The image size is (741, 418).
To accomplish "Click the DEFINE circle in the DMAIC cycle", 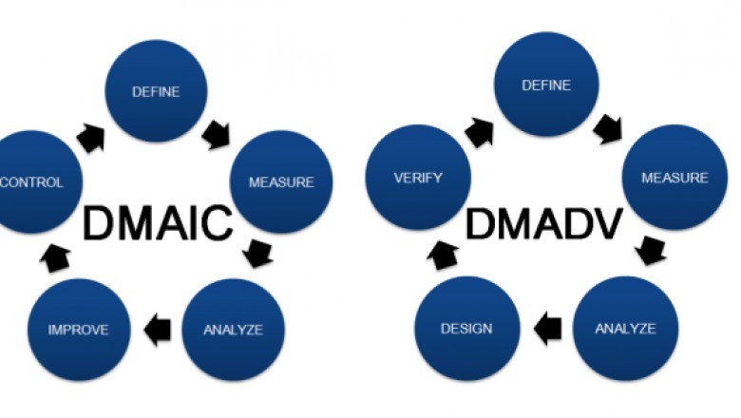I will pos(156,92).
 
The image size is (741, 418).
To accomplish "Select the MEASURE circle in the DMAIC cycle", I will pos(281,181).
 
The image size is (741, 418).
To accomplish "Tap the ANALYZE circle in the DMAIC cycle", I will pos(233,330).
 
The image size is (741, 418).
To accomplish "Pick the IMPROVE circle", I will pos(78,330).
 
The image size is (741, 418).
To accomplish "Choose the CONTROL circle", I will pos(30,181).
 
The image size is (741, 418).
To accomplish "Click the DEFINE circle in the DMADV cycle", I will pos(546,85).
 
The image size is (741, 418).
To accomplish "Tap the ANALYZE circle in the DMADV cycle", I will pos(625,329).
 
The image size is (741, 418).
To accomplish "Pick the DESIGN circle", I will pos(467,329).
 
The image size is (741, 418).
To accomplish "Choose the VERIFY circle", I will pos(419,178).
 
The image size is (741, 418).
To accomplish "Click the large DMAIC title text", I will pos(157,224).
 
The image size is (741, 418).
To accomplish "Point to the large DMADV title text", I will pos(544,224).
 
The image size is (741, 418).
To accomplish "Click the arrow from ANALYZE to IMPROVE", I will pos(157,330).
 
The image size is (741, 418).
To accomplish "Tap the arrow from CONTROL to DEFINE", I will pos(89,136).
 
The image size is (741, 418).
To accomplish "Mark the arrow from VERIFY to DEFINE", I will pos(479,130).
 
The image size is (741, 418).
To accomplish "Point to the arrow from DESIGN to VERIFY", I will pos(446,254).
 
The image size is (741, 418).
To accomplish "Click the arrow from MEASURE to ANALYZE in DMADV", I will pos(651,251).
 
